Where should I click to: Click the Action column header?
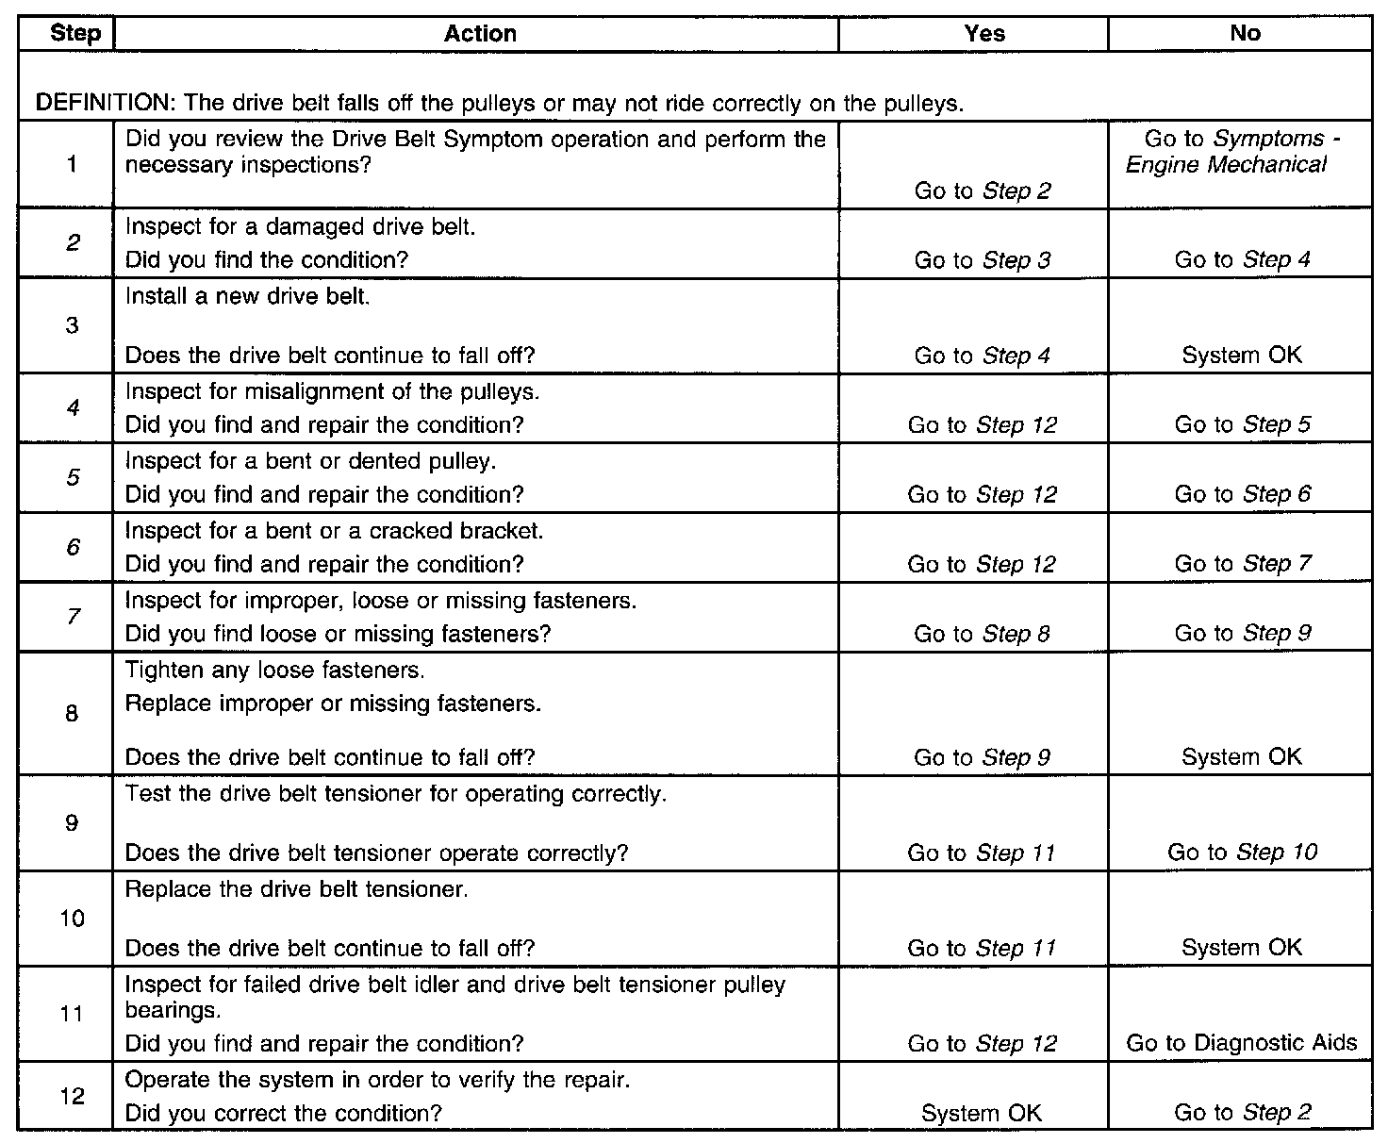point(480,34)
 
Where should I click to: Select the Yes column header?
point(984,34)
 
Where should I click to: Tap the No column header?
point(1245,34)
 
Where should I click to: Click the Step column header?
point(74,34)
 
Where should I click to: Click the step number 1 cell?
point(72,165)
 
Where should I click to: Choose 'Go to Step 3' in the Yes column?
point(982,260)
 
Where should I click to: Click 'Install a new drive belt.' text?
point(247,296)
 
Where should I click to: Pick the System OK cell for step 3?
point(1241,356)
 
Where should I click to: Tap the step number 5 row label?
point(73,477)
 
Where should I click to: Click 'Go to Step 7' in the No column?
point(1242,564)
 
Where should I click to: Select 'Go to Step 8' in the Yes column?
point(982,634)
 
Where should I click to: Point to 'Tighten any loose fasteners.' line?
point(274,671)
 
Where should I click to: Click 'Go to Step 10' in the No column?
point(1242,853)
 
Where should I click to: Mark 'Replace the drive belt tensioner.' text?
point(296,889)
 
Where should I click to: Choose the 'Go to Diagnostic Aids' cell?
point(1241,1043)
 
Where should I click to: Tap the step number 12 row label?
point(73,1096)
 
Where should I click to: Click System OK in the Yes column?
point(982,1113)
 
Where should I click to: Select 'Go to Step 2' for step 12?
point(1242,1113)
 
